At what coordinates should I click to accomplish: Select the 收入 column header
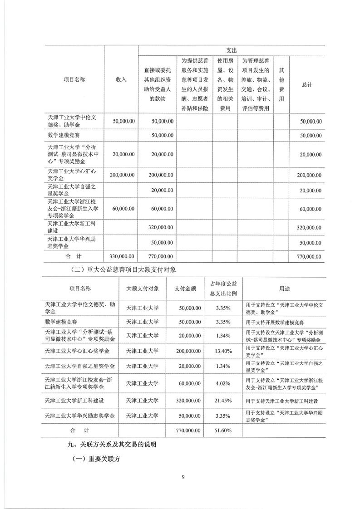(121, 79)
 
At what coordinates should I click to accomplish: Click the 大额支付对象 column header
(142, 288)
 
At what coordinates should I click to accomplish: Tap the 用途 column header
(285, 288)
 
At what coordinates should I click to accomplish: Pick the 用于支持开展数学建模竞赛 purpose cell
(274, 322)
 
